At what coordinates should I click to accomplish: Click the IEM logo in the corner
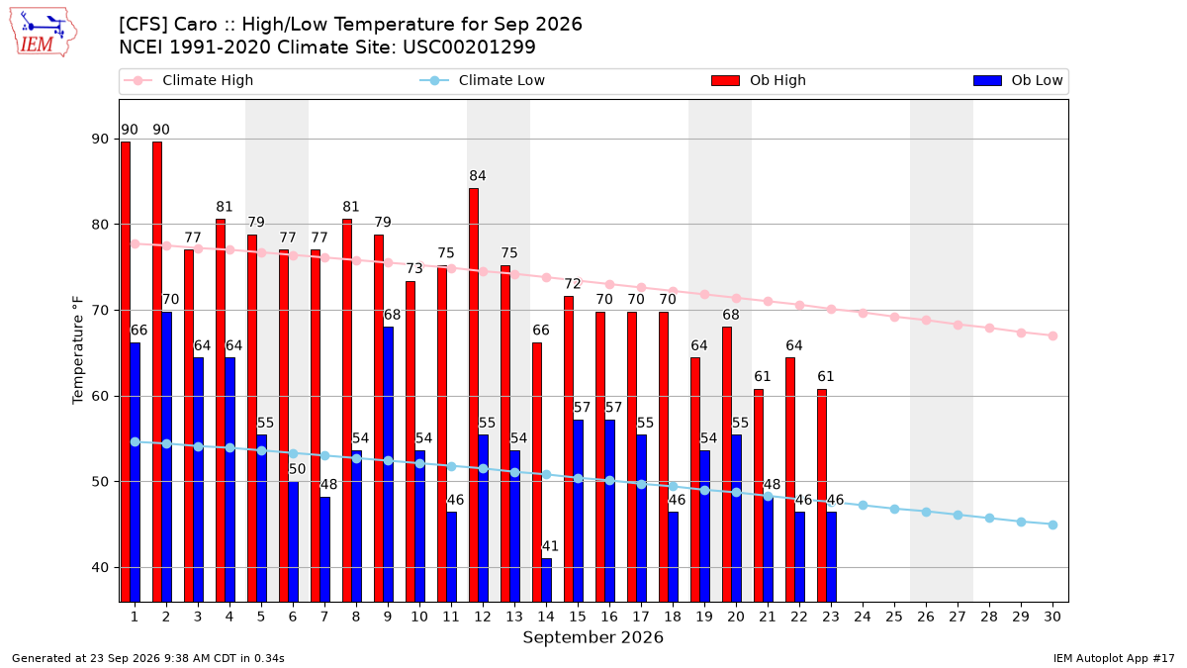[x=43, y=33]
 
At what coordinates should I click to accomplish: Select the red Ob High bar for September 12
[x=474, y=395]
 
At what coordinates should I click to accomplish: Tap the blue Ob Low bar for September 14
[x=546, y=580]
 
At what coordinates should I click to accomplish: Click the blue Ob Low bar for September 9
[x=389, y=464]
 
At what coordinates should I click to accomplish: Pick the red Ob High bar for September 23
[x=822, y=496]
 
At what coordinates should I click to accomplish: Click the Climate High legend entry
[x=188, y=80]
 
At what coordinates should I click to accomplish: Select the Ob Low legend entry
[x=1018, y=80]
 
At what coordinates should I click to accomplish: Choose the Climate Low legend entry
[x=483, y=80]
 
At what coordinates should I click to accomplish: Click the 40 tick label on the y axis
[x=100, y=568]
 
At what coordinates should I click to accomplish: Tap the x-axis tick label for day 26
[x=926, y=617]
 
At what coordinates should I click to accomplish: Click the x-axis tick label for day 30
[x=1052, y=617]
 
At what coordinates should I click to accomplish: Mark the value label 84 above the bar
[x=478, y=175]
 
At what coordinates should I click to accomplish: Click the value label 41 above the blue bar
[x=550, y=546]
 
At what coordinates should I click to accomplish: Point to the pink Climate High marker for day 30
[x=1052, y=336]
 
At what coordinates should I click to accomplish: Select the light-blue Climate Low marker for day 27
[x=959, y=516]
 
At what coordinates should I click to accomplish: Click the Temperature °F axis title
[x=78, y=350]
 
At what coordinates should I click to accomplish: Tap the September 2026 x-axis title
[x=593, y=637]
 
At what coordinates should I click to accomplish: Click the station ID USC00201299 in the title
[x=469, y=48]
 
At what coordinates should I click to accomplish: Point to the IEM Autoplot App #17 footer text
[x=1114, y=658]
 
